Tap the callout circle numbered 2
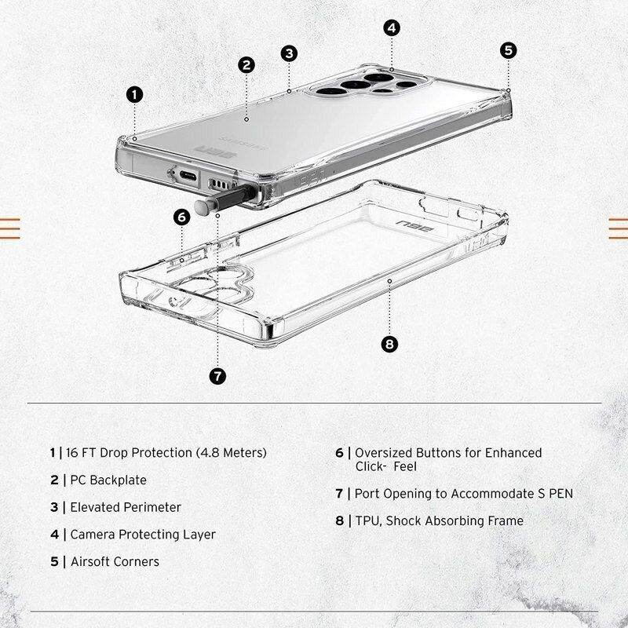[246, 65]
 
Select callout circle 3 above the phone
[290, 53]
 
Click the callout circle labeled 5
[509, 50]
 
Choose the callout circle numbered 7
[218, 376]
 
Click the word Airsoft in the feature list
[93, 561]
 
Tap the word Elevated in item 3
[97, 507]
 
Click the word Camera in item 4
[93, 535]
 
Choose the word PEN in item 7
[560, 494]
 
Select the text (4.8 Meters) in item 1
[233, 453]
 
